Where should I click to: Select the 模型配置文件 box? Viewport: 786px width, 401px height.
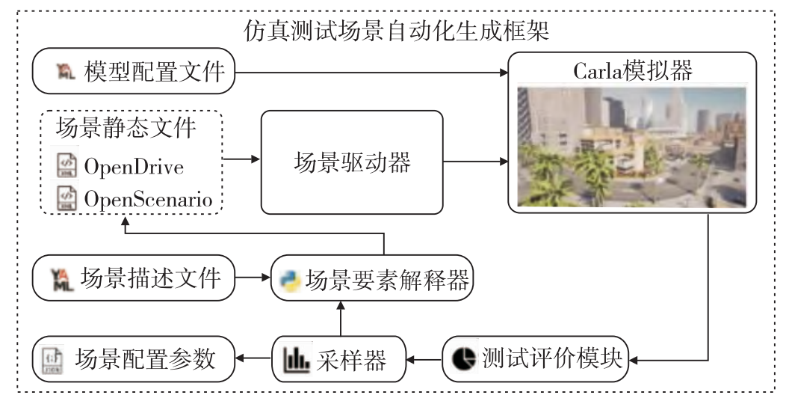(x=134, y=71)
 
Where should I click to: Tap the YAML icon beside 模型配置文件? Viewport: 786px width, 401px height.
(x=65, y=71)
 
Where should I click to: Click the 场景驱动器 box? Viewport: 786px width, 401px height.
(x=352, y=162)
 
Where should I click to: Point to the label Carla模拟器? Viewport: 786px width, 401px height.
(x=633, y=70)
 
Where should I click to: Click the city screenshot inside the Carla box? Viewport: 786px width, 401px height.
(x=631, y=147)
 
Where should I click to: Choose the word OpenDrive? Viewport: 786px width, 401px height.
(x=134, y=167)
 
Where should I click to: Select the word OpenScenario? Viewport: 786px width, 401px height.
(x=149, y=199)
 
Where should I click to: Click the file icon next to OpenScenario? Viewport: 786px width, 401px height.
(x=66, y=198)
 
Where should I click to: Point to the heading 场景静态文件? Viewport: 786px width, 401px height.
(x=126, y=127)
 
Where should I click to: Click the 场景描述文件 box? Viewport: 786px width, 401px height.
(x=134, y=278)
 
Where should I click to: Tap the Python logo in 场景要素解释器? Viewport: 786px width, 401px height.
(x=290, y=281)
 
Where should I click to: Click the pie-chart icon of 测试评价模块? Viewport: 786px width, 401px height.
(x=464, y=359)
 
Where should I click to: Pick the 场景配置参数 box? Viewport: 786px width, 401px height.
(x=134, y=359)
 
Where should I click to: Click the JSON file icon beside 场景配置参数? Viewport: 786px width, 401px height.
(x=52, y=359)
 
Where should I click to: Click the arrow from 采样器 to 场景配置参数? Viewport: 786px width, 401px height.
(x=253, y=358)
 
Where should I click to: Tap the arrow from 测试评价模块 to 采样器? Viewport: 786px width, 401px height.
(x=424, y=359)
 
